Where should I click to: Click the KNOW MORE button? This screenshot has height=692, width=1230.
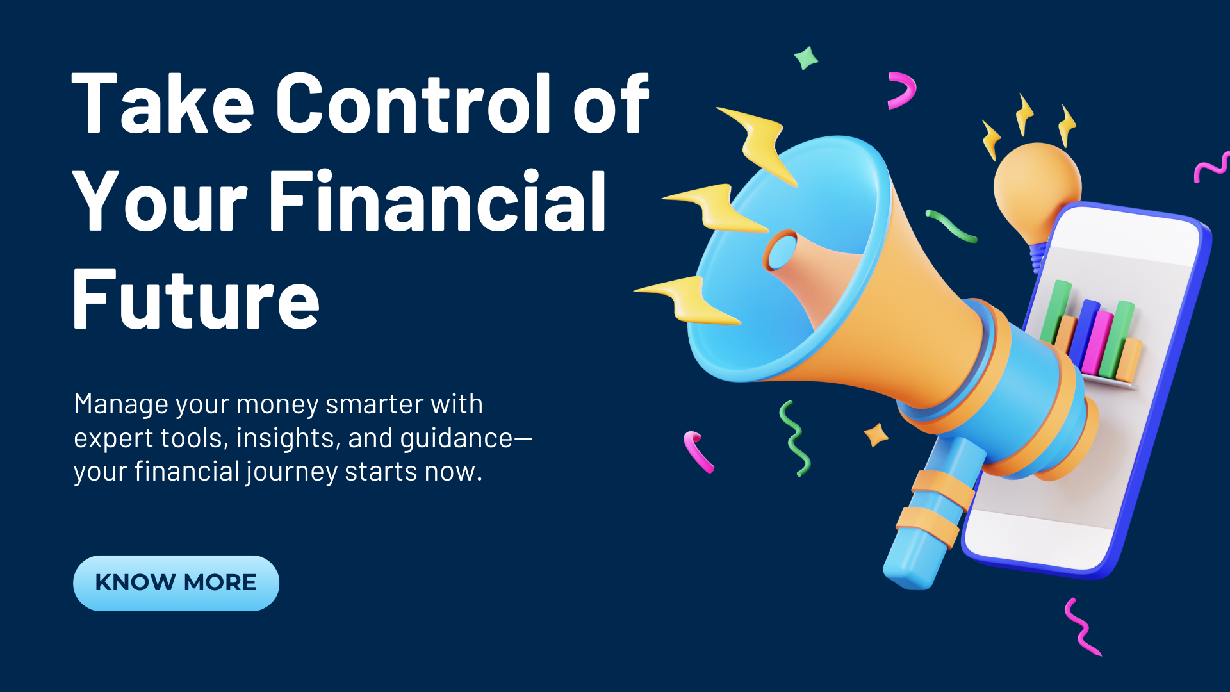pos(176,583)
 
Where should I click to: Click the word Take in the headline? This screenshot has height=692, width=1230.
pos(163,103)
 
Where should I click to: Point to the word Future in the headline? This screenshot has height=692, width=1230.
pos(196,299)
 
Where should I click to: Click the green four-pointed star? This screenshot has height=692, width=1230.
pos(806,58)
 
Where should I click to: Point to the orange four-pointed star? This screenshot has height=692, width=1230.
pos(876,435)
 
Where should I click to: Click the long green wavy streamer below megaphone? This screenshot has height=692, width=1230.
pos(794,439)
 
